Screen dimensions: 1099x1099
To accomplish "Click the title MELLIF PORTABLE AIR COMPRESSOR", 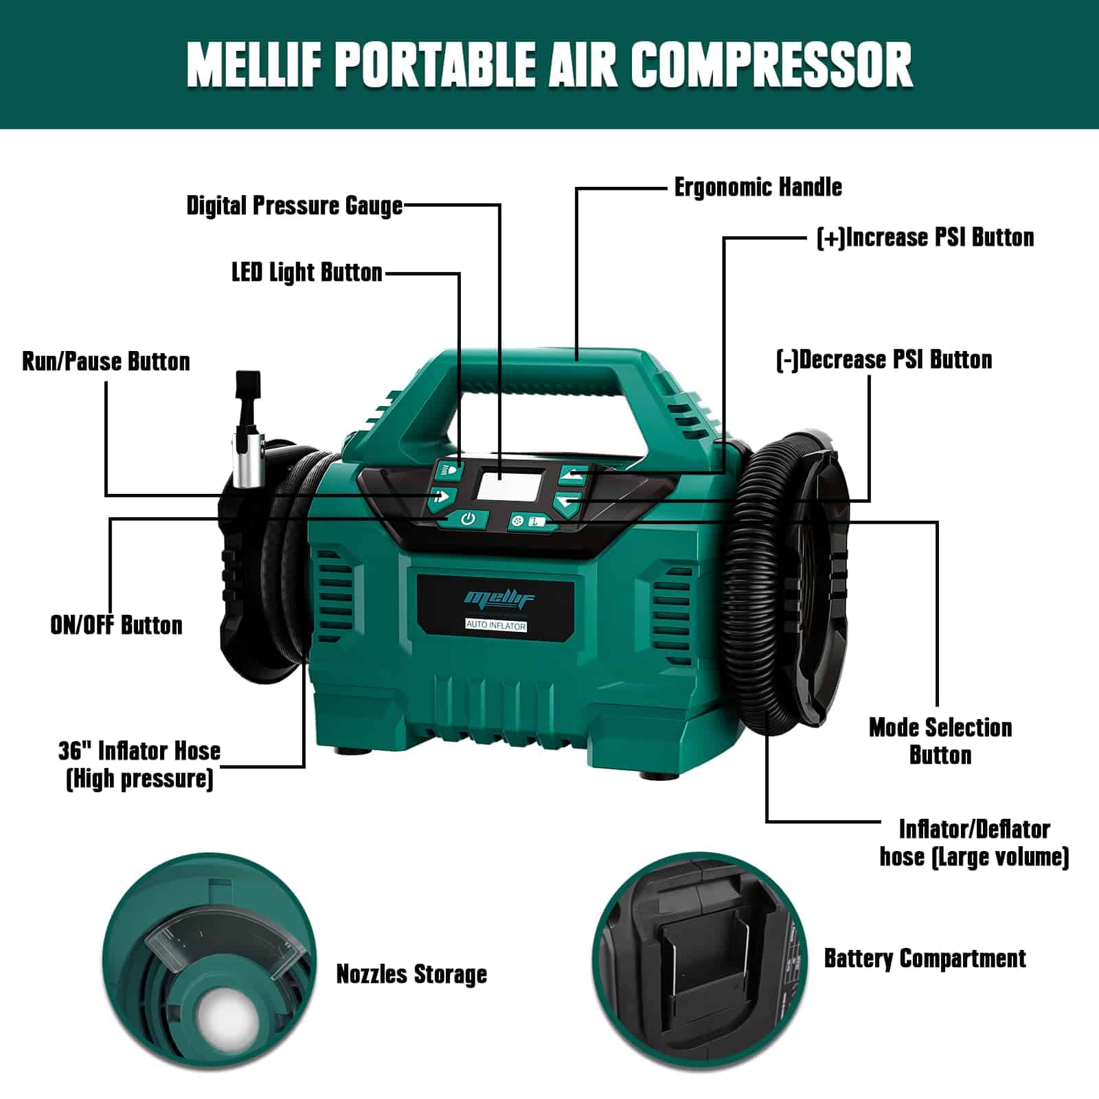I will (x=549, y=65).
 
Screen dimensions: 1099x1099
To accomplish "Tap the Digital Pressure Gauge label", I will (x=295, y=205).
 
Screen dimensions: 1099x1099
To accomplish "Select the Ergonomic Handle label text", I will (x=758, y=187).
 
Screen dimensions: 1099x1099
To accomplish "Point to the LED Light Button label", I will (x=306, y=273).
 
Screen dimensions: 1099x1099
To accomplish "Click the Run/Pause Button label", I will (x=106, y=361).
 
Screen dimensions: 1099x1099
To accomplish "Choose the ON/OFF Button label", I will (x=116, y=625).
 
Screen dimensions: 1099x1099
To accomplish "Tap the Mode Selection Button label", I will (x=940, y=741).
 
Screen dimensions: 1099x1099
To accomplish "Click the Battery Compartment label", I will (x=925, y=958).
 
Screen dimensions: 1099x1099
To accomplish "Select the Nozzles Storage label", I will (x=411, y=974).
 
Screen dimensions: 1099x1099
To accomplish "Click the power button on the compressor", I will (x=467, y=519).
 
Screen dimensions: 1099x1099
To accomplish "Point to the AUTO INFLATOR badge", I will (x=496, y=626).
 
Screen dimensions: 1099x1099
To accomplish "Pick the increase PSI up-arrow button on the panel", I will (x=572, y=474).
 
